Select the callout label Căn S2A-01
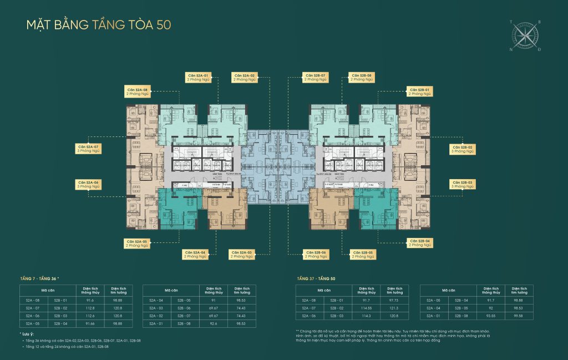(197, 77)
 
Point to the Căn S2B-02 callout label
(461, 149)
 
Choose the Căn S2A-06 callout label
(89, 185)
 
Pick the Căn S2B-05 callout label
(362, 255)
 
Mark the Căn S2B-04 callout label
(420, 243)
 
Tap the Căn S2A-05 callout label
(136, 243)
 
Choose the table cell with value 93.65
(490, 316)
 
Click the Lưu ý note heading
(26, 334)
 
